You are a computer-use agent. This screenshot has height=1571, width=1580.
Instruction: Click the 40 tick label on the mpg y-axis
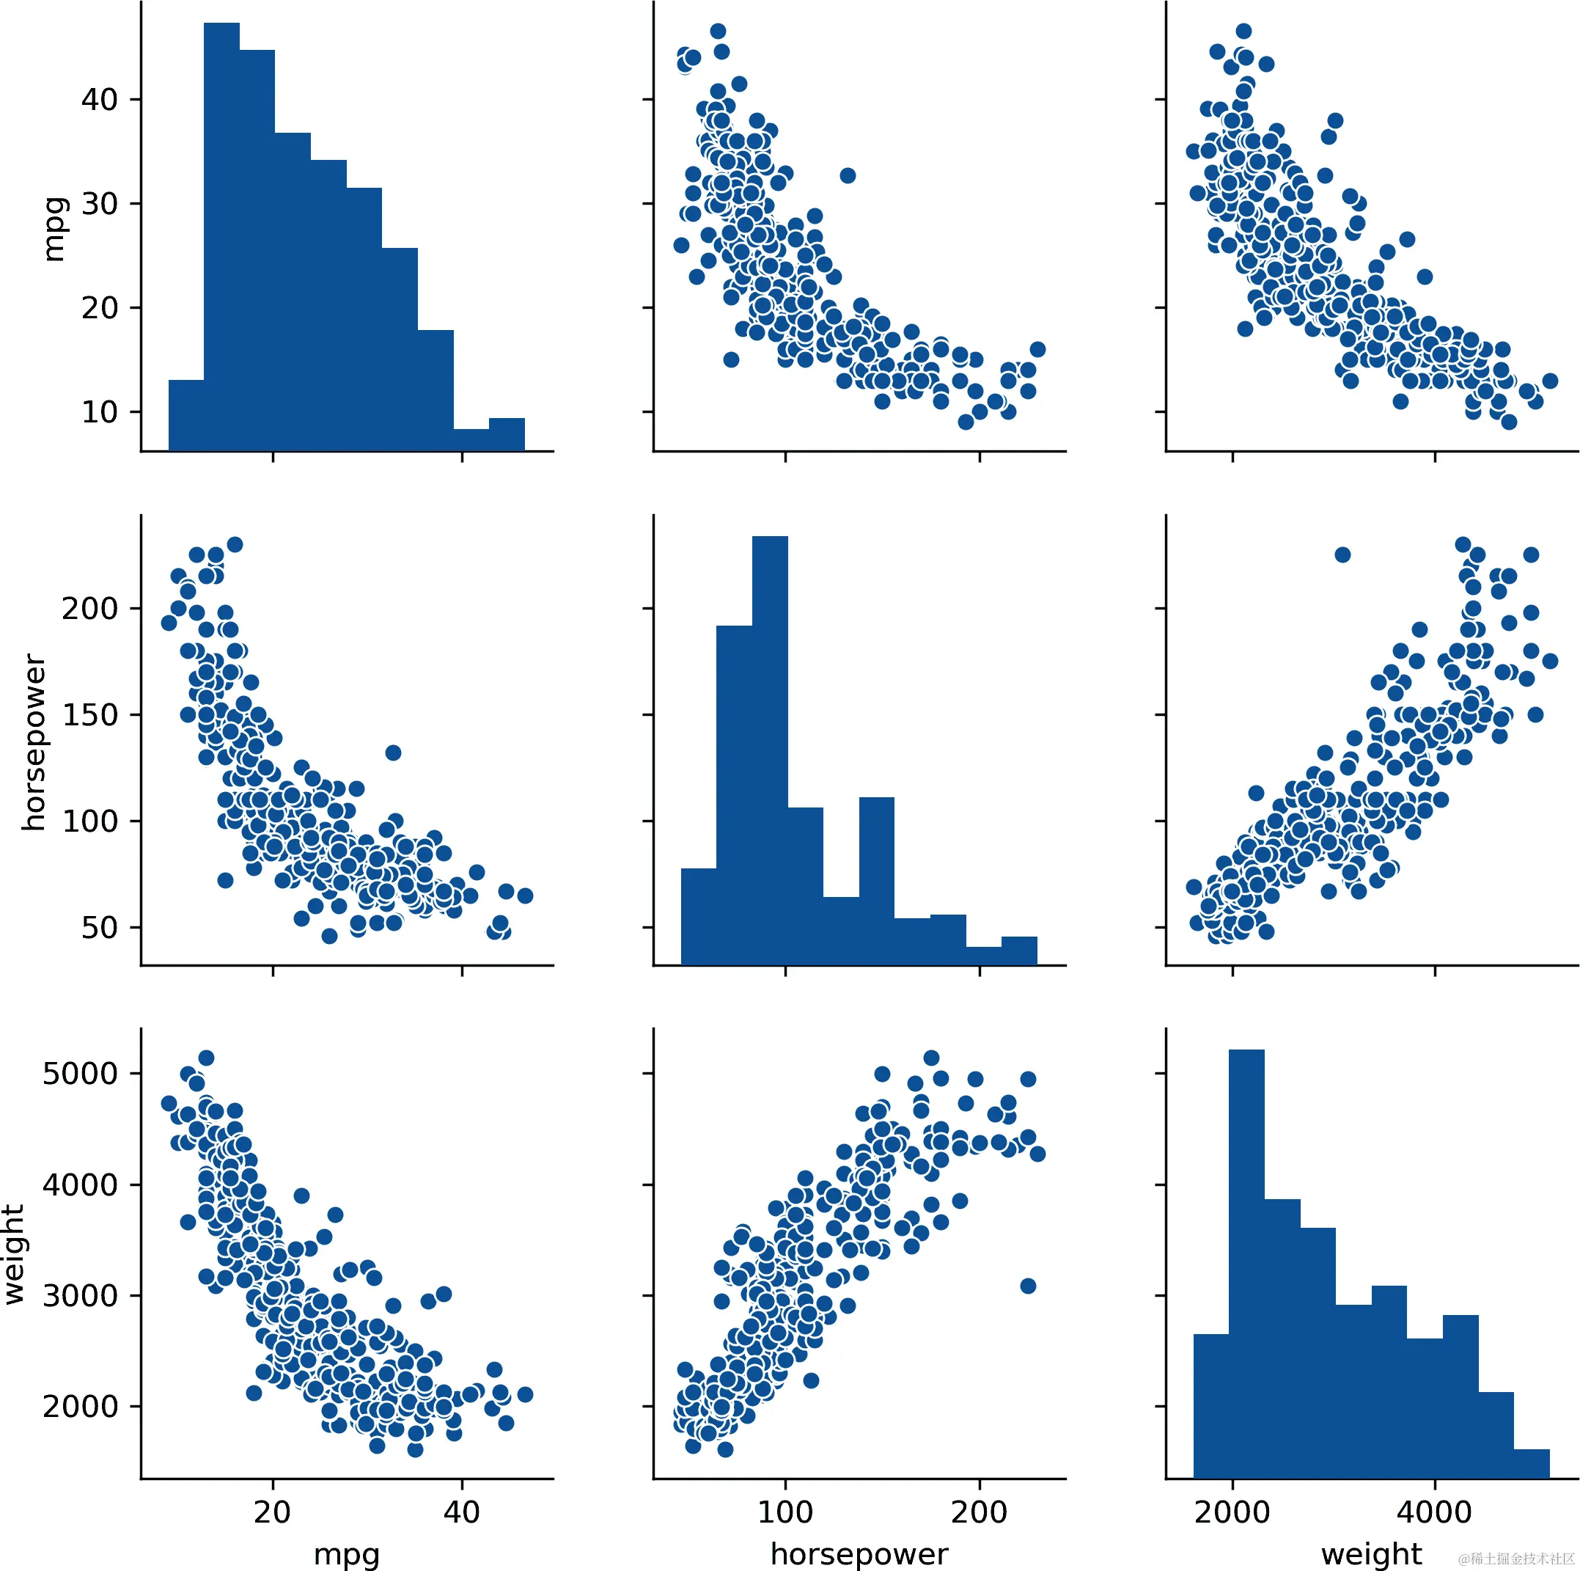[x=99, y=100]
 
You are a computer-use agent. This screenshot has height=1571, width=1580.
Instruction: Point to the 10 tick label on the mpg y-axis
[x=99, y=412]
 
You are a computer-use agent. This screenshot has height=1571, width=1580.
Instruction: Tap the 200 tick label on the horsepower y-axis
[x=89, y=609]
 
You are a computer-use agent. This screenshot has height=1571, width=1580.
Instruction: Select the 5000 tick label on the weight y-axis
[x=79, y=1074]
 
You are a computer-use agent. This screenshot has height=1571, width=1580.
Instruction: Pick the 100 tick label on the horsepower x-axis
[x=785, y=1512]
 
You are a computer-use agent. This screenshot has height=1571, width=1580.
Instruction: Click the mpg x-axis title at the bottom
[x=346, y=1553]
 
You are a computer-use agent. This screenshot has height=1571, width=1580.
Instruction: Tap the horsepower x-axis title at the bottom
[x=859, y=1553]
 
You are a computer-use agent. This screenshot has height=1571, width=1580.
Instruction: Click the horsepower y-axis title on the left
[x=34, y=742]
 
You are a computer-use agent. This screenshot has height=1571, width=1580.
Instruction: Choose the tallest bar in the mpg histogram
[x=221, y=238]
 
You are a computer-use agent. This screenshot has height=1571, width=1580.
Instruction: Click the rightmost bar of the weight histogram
[x=1531, y=1464]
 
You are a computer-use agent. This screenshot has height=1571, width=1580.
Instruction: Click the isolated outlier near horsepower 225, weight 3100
[x=1028, y=1286]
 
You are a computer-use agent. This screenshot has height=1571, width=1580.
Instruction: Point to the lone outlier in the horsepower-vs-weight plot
[x=1342, y=554]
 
